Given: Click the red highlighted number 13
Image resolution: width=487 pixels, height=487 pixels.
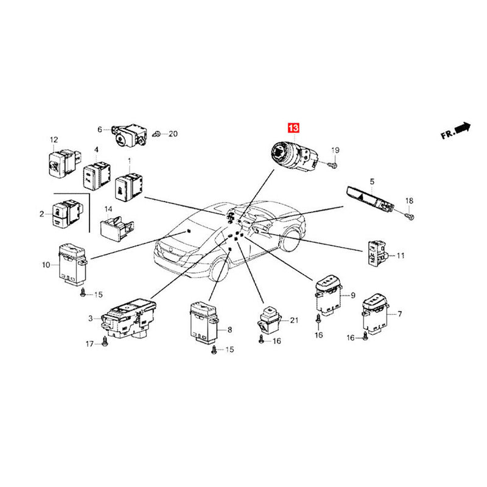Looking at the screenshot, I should [x=294, y=128].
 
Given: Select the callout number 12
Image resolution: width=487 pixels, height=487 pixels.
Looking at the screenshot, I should [x=54, y=139].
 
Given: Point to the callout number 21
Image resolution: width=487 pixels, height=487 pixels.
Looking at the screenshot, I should [x=295, y=320].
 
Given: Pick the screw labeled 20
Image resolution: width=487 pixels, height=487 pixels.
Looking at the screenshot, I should [x=158, y=133].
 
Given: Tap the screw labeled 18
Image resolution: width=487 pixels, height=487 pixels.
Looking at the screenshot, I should [x=408, y=215].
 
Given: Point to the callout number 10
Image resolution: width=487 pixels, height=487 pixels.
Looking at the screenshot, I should [x=46, y=265].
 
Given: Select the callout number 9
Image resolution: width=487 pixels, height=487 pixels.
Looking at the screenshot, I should [x=352, y=296].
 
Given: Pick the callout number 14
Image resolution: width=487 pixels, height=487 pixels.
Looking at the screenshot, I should [x=108, y=209].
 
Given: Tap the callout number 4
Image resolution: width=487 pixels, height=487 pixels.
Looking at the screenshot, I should [x=96, y=150].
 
